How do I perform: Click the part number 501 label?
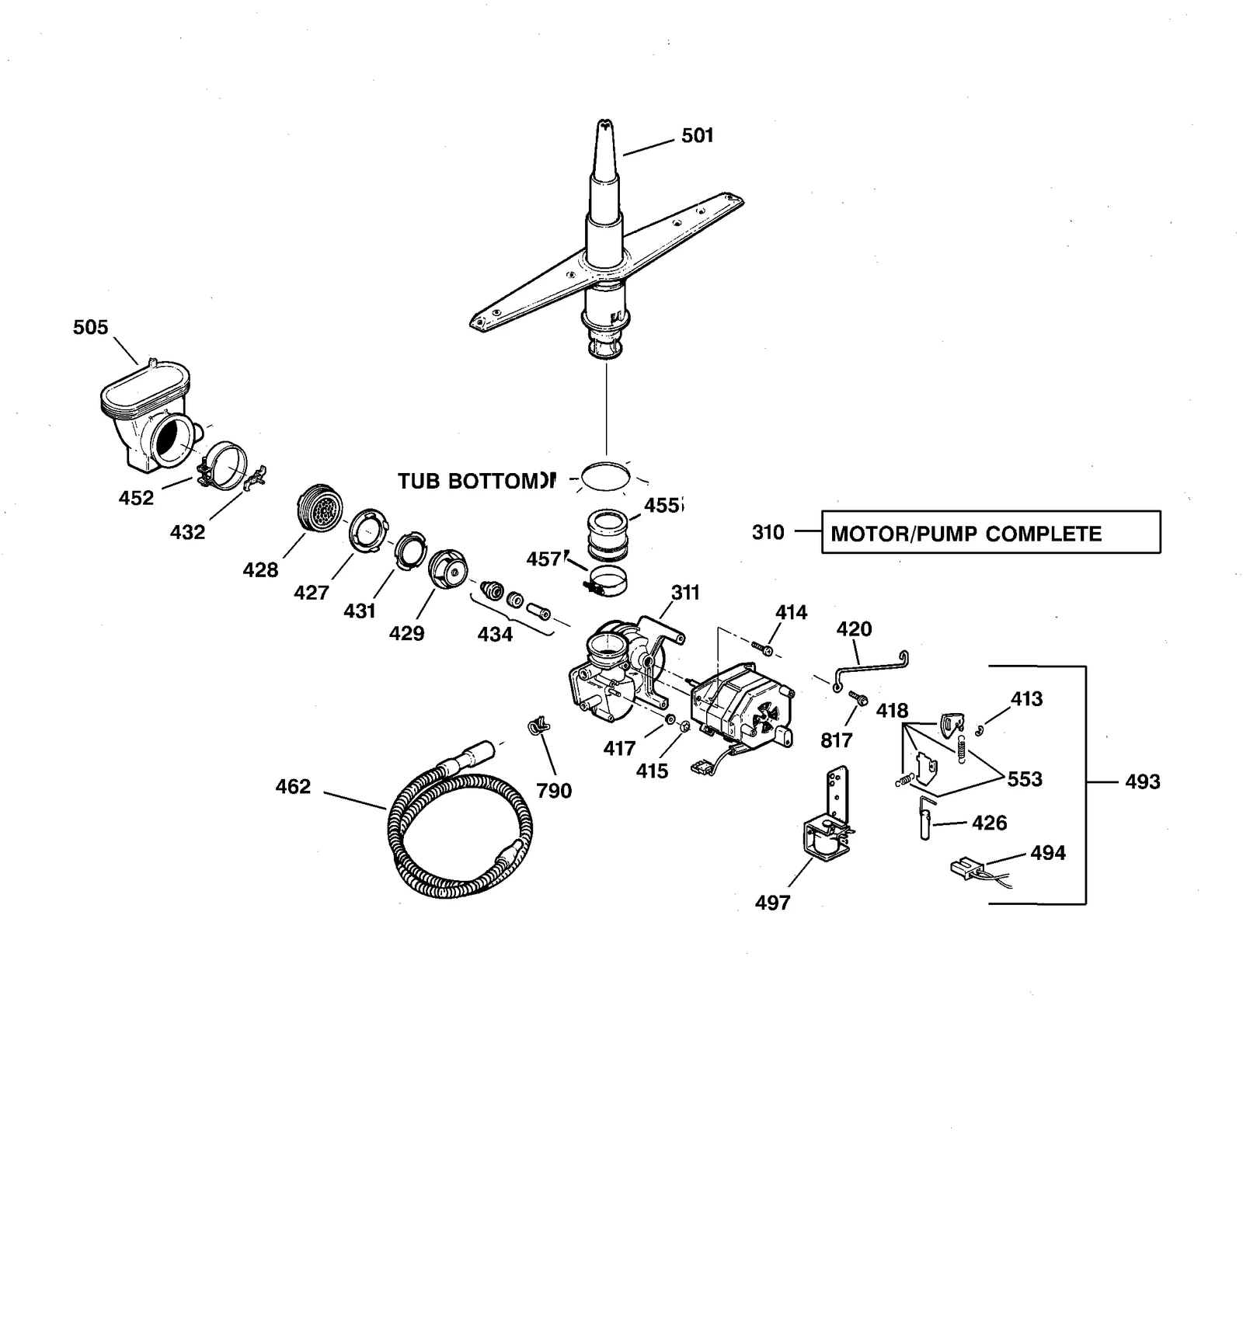point(697,136)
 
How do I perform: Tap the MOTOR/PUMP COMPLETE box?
point(991,533)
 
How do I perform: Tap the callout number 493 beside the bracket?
point(1142,781)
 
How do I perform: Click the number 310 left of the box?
point(768,533)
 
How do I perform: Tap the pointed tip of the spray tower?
point(603,124)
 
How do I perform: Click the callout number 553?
point(1024,779)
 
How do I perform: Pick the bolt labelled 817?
point(858,698)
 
